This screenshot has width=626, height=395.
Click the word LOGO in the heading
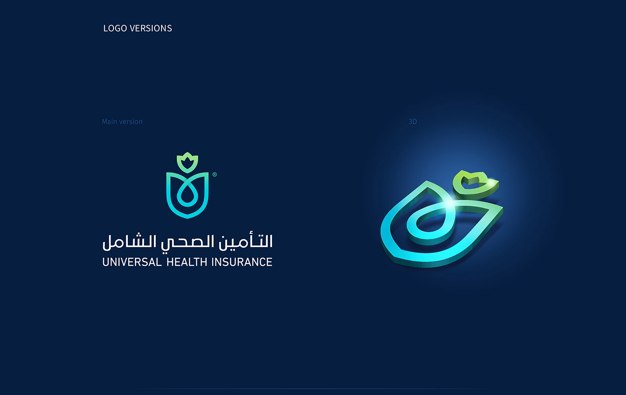click(115, 28)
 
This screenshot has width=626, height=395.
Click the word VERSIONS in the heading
click(151, 28)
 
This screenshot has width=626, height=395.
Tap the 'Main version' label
click(122, 122)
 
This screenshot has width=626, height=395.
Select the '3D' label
click(413, 122)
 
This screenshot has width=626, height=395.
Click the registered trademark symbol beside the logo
click(215, 174)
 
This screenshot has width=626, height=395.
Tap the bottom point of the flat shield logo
click(187, 218)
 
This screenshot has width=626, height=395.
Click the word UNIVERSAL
click(132, 262)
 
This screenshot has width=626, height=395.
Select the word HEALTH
click(187, 262)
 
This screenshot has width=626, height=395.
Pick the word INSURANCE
click(242, 262)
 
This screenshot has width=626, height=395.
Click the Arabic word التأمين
click(245, 241)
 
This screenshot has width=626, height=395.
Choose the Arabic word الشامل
click(129, 241)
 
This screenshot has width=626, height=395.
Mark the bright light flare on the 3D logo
click(449, 204)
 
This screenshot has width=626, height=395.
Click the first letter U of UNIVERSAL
click(106, 262)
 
